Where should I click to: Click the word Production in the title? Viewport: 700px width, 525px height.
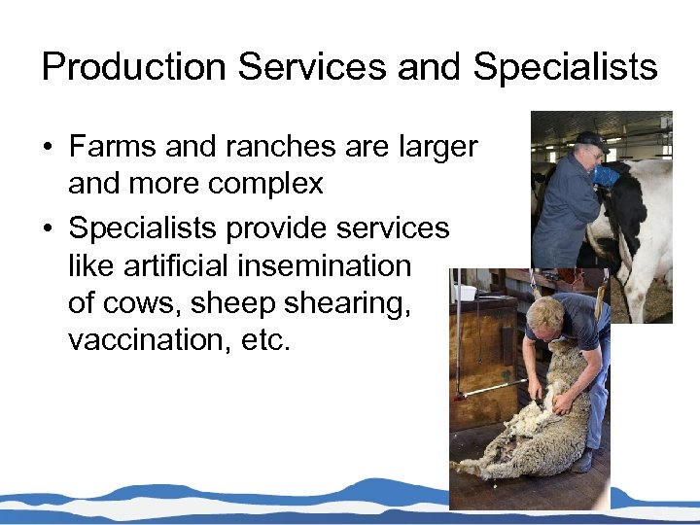click(x=134, y=67)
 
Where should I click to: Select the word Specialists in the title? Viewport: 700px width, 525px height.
click(x=565, y=67)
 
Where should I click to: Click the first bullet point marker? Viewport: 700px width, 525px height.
click(x=47, y=148)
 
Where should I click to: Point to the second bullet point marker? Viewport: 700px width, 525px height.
click(x=47, y=229)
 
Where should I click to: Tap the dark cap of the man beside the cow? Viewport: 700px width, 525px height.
click(x=589, y=140)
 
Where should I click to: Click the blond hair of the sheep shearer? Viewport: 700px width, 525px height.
click(x=542, y=310)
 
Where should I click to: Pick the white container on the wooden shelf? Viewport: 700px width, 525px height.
click(x=464, y=292)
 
